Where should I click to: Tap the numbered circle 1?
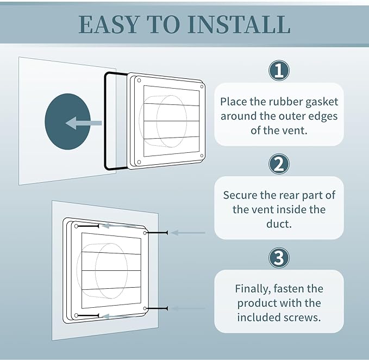point(279,70)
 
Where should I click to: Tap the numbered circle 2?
point(279,164)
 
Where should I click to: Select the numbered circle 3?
point(279,258)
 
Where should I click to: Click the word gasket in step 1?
point(322,102)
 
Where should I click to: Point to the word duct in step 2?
point(279,224)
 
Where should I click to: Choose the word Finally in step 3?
point(254,289)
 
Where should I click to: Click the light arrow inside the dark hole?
point(82,123)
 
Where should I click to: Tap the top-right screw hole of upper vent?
point(202,86)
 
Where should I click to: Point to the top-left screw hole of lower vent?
point(77,226)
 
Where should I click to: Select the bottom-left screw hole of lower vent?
point(77,315)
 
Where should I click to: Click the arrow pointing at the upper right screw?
point(187,233)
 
